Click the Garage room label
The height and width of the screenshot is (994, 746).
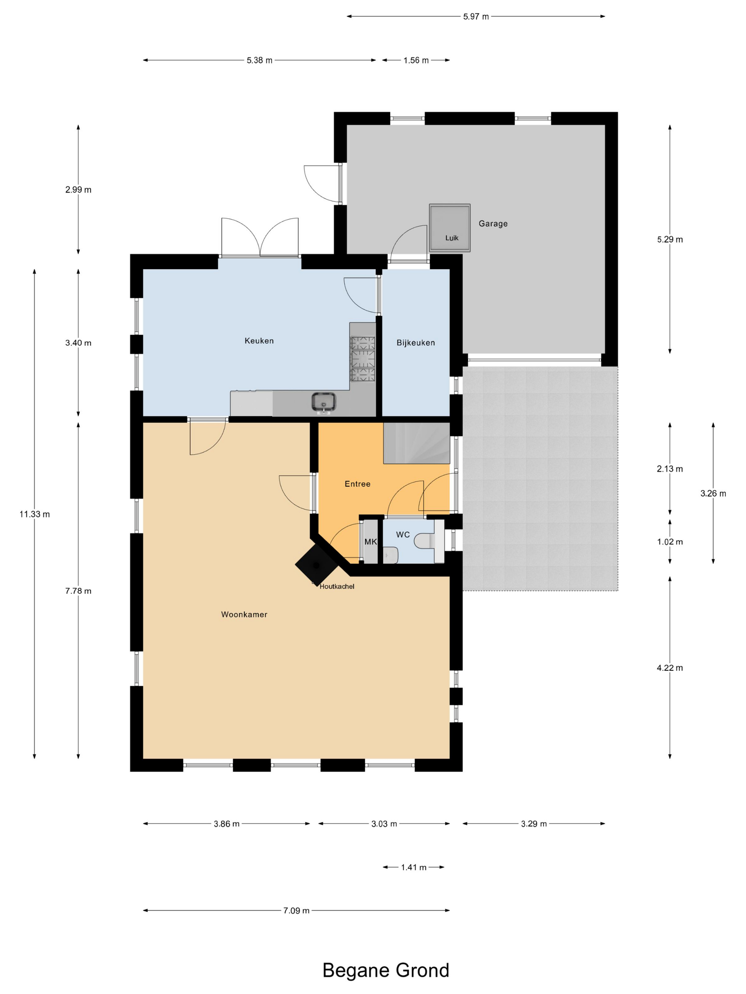tap(493, 223)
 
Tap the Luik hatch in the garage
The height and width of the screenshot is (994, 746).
tap(450, 228)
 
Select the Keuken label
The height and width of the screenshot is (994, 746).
tap(259, 340)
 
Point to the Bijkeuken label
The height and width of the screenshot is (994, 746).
tap(416, 343)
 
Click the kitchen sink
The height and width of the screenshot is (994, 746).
tap(324, 402)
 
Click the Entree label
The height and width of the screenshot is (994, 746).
tap(357, 484)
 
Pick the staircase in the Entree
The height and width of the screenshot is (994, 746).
tap(416, 443)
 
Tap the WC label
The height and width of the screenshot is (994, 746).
tap(403, 535)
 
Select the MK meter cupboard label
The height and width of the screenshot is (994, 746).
tap(371, 542)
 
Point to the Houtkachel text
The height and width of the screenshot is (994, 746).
tap(337, 586)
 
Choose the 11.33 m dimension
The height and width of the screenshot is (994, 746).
tap(34, 514)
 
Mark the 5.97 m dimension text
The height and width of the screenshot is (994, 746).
tap(476, 17)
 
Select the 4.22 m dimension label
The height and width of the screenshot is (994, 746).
tap(670, 668)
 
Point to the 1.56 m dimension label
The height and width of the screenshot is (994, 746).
tap(416, 60)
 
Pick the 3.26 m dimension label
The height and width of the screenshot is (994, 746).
tap(713, 493)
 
